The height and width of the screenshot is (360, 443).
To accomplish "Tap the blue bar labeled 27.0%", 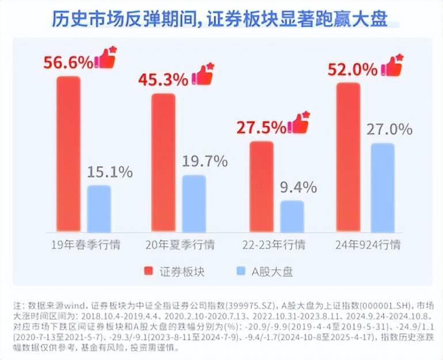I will [381, 186].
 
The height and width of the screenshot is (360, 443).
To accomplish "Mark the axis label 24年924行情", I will [368, 245].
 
